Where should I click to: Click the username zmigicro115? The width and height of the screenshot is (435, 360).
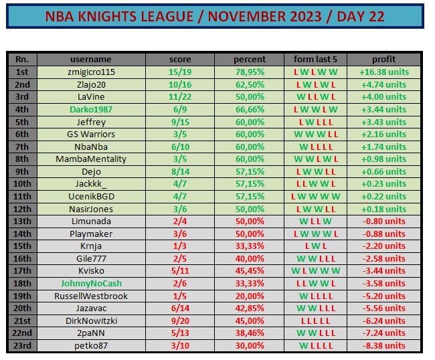91,72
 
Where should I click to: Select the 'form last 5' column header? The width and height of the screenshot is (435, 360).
315,59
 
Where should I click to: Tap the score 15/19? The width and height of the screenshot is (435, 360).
180,72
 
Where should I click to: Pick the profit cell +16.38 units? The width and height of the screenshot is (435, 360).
384,72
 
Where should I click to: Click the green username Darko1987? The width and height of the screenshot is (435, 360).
91,110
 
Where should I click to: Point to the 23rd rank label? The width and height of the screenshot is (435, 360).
23,346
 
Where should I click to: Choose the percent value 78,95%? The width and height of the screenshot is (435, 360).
250,72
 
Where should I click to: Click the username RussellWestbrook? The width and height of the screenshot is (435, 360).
91,296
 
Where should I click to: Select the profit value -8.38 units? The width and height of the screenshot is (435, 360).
384,346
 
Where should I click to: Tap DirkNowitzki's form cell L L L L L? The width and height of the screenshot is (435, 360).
316,321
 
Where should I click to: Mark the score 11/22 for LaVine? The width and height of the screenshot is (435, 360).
180,97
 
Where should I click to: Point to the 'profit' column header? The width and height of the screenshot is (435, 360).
384,59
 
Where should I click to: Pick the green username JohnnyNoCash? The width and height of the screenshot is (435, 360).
91,284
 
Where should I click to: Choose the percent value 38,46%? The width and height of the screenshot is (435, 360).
250,333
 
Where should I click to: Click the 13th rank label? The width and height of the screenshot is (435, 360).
23,221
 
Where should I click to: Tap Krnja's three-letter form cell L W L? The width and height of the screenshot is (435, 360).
316,246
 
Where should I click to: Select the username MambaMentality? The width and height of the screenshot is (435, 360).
91,159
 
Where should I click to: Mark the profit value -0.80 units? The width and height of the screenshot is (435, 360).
384,221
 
